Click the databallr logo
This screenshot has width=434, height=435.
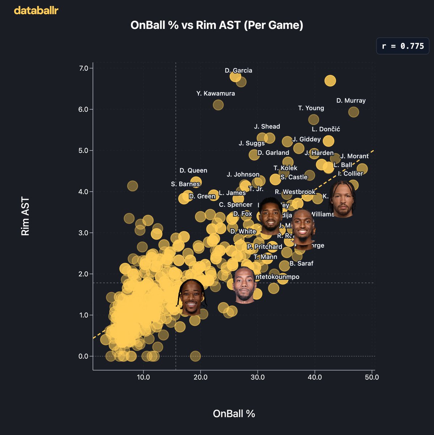tap(36, 11)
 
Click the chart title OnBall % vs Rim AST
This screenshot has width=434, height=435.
tap(217, 25)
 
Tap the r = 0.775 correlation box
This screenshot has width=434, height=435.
tap(403, 46)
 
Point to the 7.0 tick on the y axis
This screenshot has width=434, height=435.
tap(84, 68)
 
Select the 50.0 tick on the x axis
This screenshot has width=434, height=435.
tap(372, 377)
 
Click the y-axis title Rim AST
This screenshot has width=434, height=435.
tap(25, 216)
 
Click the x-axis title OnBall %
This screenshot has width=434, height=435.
tap(234, 414)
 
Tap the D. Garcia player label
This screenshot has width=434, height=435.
tap(238, 70)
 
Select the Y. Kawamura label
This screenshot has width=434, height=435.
tap(216, 94)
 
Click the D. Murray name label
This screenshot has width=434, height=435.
tap(351, 100)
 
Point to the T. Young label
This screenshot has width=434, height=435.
tap(311, 108)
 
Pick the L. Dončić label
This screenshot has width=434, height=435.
tap(326, 129)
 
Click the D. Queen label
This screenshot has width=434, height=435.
tap(193, 170)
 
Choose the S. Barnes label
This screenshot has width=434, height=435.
tap(185, 184)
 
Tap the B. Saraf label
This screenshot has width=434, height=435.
tap(301, 264)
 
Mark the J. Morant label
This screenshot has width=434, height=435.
tap(354, 156)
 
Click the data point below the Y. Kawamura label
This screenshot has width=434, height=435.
tap(218, 105)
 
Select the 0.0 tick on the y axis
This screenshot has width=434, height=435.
tap(84, 356)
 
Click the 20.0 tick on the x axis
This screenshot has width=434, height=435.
tap(200, 377)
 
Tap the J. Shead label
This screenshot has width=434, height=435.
tap(267, 127)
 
